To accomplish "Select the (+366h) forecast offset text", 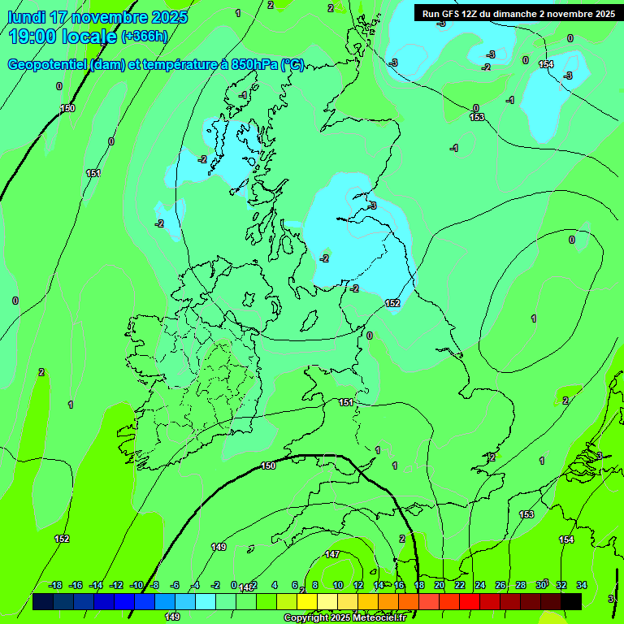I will [145, 36].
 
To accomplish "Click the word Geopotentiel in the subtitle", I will [48, 65].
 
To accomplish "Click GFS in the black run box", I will [452, 13].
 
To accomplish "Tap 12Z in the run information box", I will [473, 13].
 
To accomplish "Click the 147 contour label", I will [332, 554].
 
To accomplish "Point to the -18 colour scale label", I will [55, 585].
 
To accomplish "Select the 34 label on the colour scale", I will [582, 585].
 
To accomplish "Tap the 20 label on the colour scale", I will [440, 585].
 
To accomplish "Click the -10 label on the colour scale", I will [136, 585].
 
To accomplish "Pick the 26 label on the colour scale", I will [500, 585].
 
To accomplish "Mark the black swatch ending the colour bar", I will [571, 602].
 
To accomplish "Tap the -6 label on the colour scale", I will [175, 585].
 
